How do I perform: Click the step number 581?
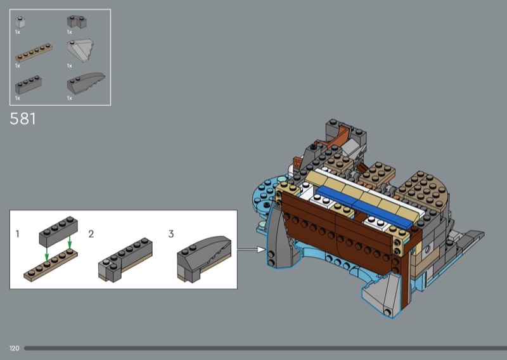point(23,119)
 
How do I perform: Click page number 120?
point(14,349)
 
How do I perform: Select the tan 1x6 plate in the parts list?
point(34,53)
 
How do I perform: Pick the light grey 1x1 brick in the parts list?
point(20,22)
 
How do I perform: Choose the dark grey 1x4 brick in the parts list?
point(29,85)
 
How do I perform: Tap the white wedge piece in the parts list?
point(80,51)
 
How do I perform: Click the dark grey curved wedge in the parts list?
point(86,83)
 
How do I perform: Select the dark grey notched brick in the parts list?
point(77,22)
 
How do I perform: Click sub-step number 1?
point(18,234)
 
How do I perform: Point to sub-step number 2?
point(91,234)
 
